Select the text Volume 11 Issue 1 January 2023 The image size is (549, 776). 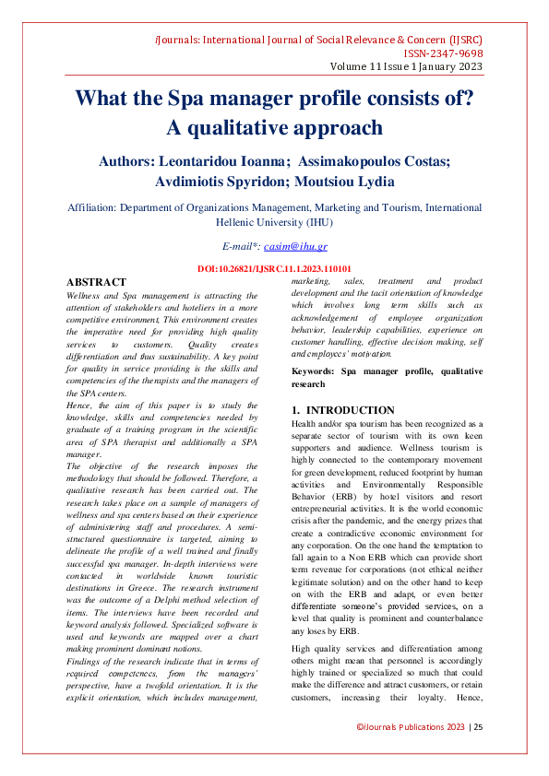[406, 68]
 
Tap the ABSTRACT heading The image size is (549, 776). [96, 282]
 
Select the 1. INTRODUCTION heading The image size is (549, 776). [342, 410]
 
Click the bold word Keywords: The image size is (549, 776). [313, 371]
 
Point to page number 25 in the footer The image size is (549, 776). [479, 754]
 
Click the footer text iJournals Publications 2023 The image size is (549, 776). [411, 754]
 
